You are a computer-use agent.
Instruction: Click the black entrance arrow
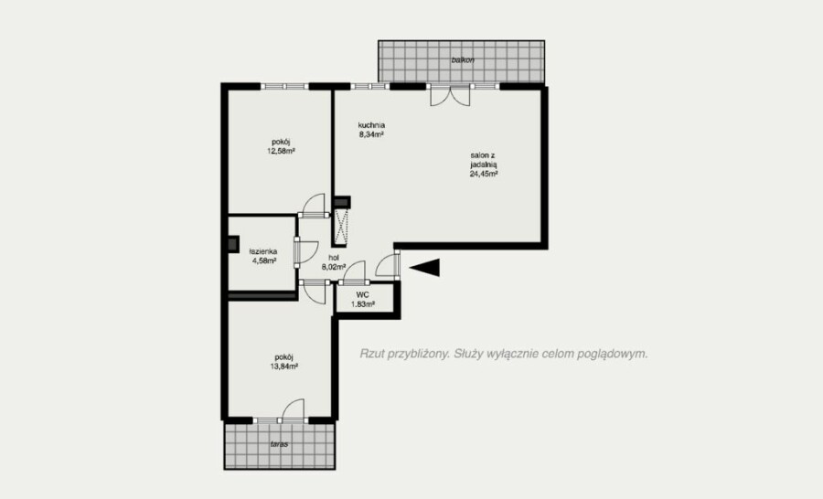(424, 268)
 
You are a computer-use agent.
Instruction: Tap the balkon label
(463, 60)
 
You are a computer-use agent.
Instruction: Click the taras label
(279, 444)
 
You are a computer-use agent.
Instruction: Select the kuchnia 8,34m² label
(371, 130)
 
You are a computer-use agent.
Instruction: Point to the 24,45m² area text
(484, 174)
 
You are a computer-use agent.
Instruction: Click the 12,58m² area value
(281, 151)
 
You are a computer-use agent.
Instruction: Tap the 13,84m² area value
(284, 366)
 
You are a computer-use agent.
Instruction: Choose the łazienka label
(263, 251)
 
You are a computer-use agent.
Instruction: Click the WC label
(362, 295)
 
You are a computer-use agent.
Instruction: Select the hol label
(334, 258)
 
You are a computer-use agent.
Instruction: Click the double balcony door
(449, 95)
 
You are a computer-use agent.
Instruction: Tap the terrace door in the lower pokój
(292, 411)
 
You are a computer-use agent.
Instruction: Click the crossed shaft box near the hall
(342, 226)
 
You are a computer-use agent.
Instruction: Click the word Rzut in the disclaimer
(371, 354)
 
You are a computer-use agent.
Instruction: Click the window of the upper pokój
(284, 87)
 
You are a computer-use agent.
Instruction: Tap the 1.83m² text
(363, 303)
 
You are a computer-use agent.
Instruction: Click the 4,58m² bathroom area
(263, 260)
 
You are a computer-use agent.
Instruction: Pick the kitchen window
(370, 87)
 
